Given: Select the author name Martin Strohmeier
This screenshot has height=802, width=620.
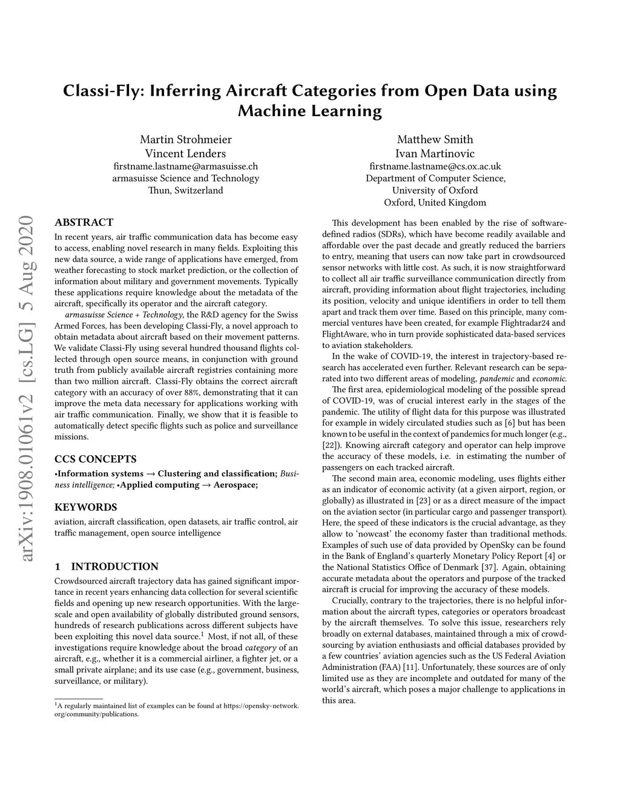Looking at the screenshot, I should coord(185,139).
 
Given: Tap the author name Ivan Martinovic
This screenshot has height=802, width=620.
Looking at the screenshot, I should coord(435,154).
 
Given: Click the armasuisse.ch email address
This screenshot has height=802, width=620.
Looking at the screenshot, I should coord(185,166).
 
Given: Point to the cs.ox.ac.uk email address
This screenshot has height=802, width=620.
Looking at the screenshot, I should coord(435,166).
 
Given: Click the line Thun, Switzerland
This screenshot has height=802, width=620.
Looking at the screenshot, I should coord(185,190).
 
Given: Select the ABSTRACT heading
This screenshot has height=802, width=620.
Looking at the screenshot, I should coord(84,222).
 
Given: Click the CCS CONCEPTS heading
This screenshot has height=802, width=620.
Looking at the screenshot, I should coord(95,459).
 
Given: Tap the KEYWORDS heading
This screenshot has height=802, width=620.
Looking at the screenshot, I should coord(85,507).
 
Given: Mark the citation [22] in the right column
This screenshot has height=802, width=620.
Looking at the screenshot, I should coord(329,445).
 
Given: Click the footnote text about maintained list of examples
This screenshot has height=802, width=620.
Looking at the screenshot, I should coord(176,709).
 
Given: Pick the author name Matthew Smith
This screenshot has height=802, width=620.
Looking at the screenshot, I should coord(435,139).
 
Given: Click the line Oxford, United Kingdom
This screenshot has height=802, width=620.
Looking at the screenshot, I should coord(435,202).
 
